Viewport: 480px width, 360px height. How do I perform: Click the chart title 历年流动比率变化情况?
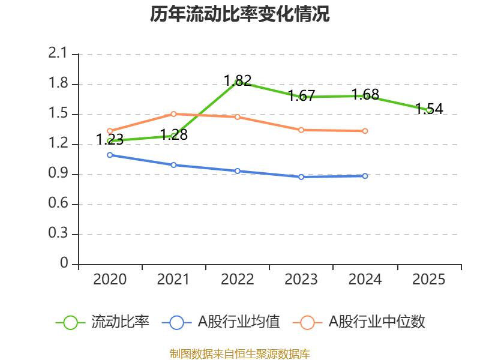pos(239,14)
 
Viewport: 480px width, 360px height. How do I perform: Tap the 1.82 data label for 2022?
pos(238,80)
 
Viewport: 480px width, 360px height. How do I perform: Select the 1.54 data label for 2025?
pos(429,109)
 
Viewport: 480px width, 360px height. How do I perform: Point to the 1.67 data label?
pos(302,95)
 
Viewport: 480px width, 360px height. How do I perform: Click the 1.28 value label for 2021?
pos(174,134)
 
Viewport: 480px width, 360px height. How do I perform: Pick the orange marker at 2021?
pos(173,114)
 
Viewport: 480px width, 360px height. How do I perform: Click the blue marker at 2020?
pos(110,155)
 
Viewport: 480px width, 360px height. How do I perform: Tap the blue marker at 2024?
pos(365,176)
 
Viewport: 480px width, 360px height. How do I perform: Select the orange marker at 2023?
pos(301,130)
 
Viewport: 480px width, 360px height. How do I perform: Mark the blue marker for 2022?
pos(238,171)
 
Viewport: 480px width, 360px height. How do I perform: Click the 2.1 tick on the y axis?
pos(57,53)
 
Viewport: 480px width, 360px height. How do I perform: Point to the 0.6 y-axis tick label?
pos(58,203)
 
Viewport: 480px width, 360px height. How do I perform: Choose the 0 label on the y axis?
pos(64,263)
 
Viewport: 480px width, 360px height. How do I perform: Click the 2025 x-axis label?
pos(428,279)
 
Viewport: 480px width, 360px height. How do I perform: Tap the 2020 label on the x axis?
pos(110,279)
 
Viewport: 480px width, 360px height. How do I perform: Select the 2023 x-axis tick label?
pos(301,279)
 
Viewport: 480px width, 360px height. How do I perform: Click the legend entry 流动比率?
pos(102,322)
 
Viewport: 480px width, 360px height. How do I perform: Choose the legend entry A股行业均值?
pos(221,322)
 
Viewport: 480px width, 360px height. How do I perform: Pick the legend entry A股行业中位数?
pos(359,322)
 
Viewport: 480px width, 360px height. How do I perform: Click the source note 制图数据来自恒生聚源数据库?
pos(239,353)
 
